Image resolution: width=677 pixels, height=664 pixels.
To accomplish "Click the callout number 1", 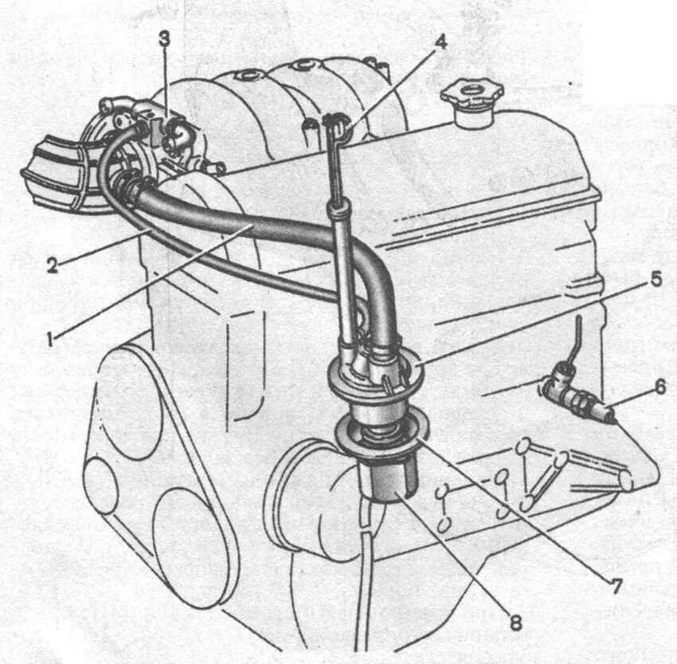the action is point(49,338).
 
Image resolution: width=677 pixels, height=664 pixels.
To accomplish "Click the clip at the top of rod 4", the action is point(335,123).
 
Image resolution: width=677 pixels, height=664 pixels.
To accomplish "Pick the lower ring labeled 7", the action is point(374,434).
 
